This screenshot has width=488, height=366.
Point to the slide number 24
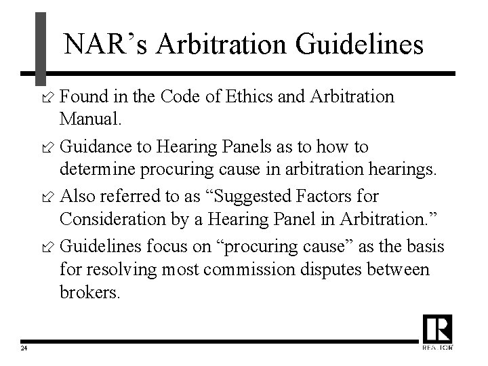point(24,348)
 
